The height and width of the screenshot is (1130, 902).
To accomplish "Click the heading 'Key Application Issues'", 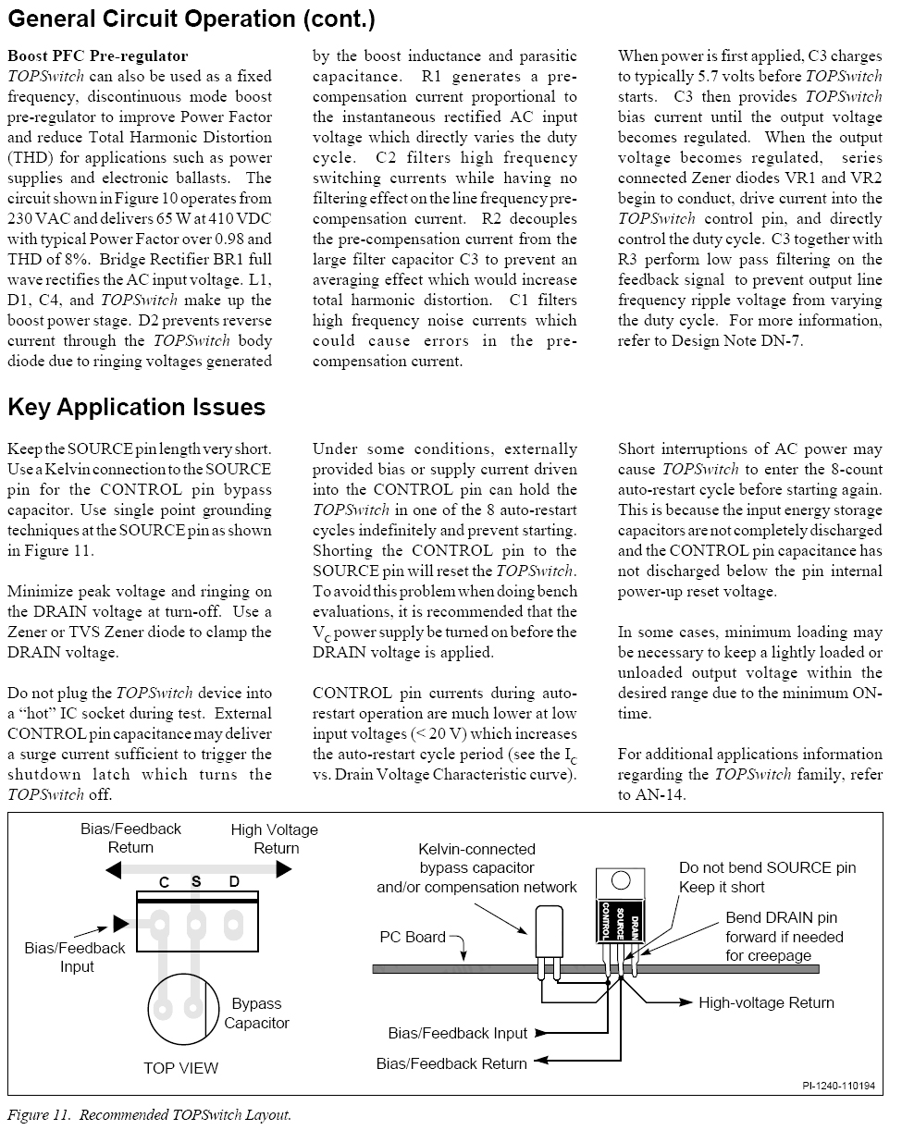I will (136, 408).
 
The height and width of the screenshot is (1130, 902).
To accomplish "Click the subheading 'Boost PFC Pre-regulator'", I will (97, 56).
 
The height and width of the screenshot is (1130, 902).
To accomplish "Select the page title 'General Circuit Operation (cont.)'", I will (192, 18).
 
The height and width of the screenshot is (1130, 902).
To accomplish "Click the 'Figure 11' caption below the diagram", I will (149, 1114).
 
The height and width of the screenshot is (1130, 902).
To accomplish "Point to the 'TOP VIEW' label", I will (180, 1068).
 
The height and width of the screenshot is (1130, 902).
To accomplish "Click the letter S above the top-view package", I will (196, 882).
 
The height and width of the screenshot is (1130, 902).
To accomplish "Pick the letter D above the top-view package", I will (234, 882).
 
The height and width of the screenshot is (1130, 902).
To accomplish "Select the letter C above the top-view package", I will (163, 883).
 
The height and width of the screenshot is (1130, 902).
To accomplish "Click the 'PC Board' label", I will (413, 937).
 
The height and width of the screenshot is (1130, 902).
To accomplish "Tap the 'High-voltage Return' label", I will (766, 1002).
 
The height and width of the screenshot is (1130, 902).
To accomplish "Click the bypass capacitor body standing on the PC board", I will (550, 928).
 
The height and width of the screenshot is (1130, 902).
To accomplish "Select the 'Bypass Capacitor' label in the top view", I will (256, 1013).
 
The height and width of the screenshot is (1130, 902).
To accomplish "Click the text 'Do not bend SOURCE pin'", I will (767, 867).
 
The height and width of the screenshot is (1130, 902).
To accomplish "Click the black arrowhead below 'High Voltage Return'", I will (284, 868).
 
